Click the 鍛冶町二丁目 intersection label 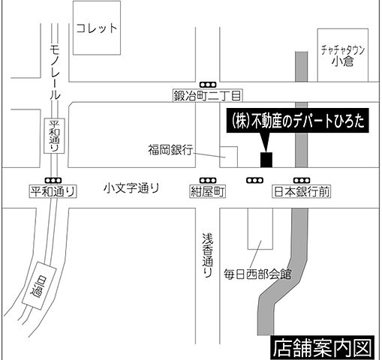(x=207, y=95)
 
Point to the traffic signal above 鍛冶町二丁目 (x=207, y=83)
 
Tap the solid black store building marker (x=266, y=160)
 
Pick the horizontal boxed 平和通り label (x=53, y=192)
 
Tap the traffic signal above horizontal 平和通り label (x=53, y=180)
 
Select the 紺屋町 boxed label (x=208, y=192)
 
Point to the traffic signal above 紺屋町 (x=208, y=180)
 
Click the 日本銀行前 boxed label (x=302, y=192)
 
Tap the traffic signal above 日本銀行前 (x=302, y=180)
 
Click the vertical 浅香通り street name (x=207, y=255)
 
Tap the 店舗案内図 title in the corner (x=323, y=348)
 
